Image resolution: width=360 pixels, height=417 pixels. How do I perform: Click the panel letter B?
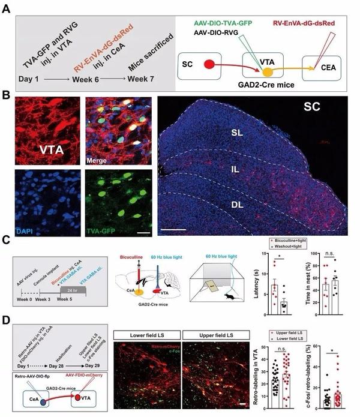[x=7, y=97]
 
